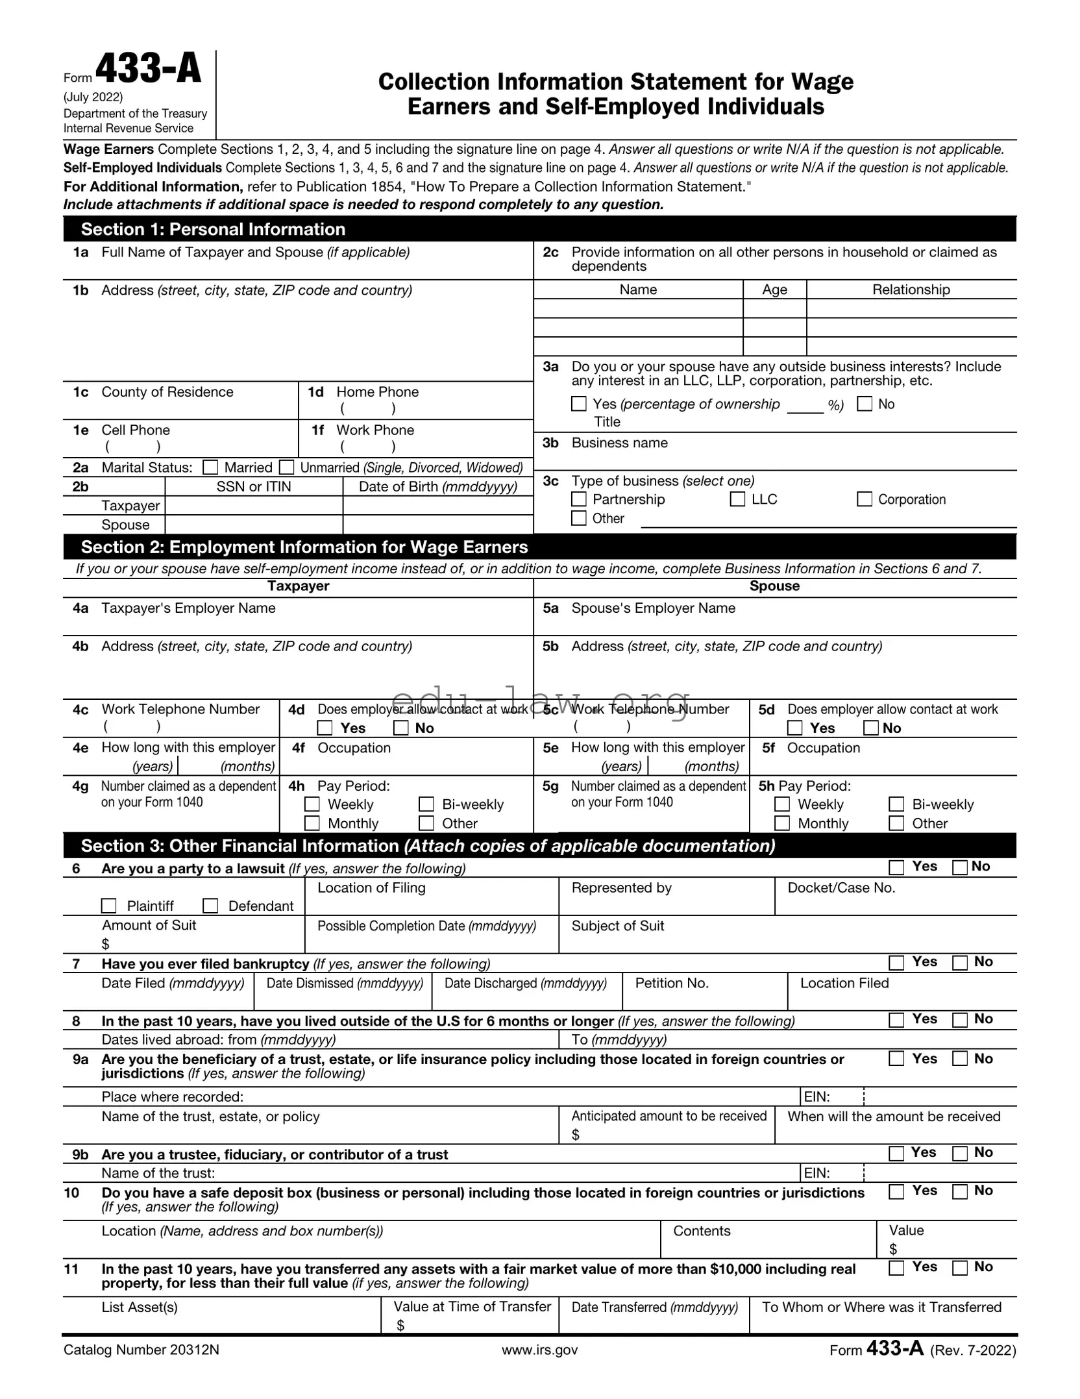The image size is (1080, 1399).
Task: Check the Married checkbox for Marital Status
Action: pos(210,467)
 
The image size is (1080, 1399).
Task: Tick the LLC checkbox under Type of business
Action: pos(737,499)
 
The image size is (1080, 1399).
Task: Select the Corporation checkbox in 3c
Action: pos(865,499)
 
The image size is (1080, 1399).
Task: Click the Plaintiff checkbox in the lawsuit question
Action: pos(109,906)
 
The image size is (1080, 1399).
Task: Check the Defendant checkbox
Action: pos(210,906)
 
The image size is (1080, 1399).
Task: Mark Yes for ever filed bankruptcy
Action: pos(896,963)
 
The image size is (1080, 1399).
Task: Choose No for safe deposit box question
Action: pos(960,1191)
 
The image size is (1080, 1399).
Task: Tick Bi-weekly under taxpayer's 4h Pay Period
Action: pos(426,804)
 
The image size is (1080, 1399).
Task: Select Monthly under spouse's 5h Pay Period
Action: pos(783,823)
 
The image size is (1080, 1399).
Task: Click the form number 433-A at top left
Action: pos(149,69)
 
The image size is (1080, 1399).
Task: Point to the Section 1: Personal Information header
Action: pos(213,229)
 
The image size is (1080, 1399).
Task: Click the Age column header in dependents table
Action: pos(774,290)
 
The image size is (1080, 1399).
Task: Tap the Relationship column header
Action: pos(911,290)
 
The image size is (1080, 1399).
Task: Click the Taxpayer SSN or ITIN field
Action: pos(254,506)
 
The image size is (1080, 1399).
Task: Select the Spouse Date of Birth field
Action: pos(437,525)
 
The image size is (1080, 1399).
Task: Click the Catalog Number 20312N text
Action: pos(141,1350)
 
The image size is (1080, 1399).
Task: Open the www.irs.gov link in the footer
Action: pos(539,1350)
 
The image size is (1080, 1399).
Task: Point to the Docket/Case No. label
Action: pos(841,887)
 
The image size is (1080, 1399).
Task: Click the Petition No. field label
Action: pos(672,983)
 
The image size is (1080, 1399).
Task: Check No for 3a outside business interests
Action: pos(865,404)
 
